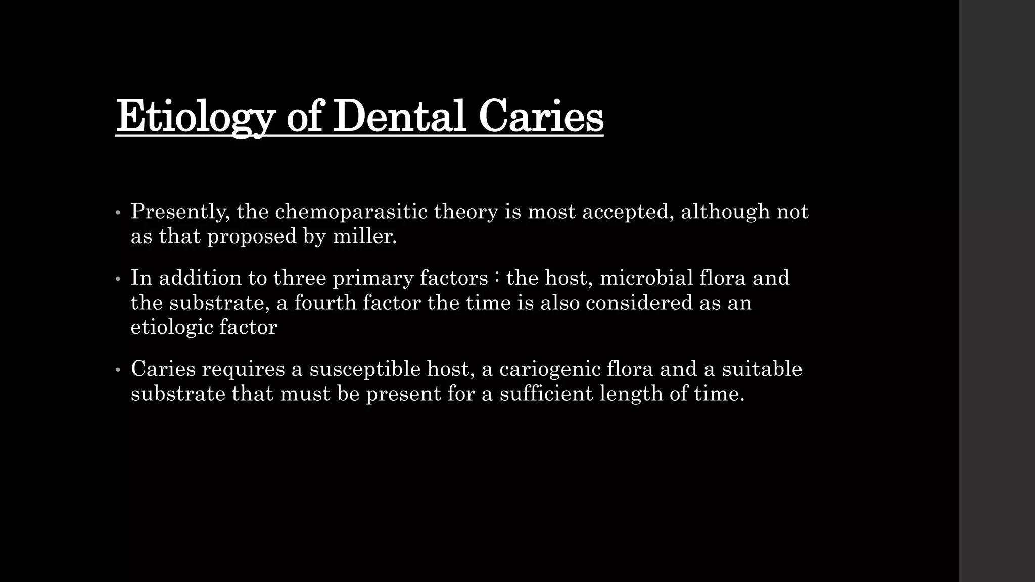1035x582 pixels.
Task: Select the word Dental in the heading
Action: (x=399, y=117)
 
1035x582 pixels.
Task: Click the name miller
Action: (x=364, y=236)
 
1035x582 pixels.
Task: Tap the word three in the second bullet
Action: (x=300, y=278)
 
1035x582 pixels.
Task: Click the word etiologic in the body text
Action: (x=171, y=328)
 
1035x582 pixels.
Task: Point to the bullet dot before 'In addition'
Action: (x=118, y=279)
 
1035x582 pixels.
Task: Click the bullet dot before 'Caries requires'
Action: (x=118, y=370)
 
